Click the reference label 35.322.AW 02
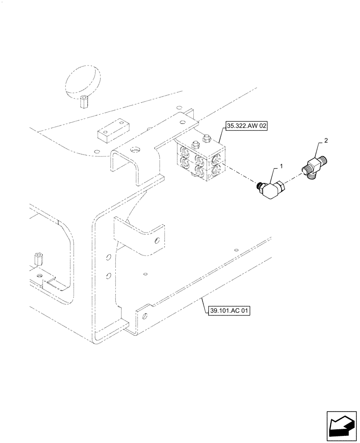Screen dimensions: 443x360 point(247,126)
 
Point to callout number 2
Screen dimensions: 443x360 point(326,140)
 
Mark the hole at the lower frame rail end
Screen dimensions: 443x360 point(144,316)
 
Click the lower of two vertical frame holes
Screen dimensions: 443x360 point(108,276)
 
